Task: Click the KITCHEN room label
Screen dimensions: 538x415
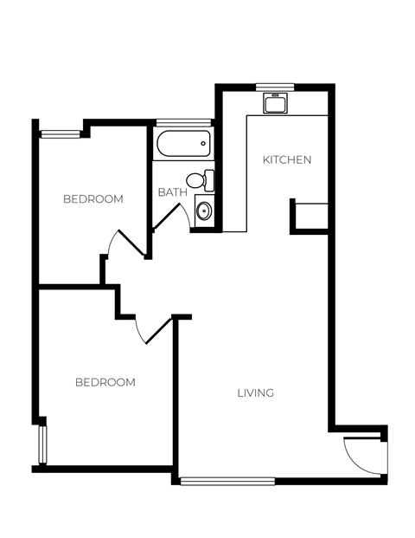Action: pyautogui.click(x=286, y=160)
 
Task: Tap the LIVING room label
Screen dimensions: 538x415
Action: pyautogui.click(x=255, y=393)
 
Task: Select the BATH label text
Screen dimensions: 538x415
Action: pyautogui.click(x=172, y=192)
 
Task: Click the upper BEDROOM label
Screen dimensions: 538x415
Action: pyautogui.click(x=93, y=199)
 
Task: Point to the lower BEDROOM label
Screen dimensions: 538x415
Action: pyautogui.click(x=105, y=382)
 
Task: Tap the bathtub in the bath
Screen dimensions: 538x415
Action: pyautogui.click(x=182, y=143)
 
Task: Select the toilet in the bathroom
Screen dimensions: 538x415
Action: pyautogui.click(x=201, y=180)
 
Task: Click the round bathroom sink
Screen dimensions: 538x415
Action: pyautogui.click(x=203, y=210)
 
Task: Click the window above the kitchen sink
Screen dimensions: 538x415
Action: pyautogui.click(x=276, y=86)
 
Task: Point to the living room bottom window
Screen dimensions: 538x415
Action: pyautogui.click(x=227, y=481)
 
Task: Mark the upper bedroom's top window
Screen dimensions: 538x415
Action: pyautogui.click(x=61, y=133)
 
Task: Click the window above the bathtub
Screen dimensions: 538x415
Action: pyautogui.click(x=183, y=122)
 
